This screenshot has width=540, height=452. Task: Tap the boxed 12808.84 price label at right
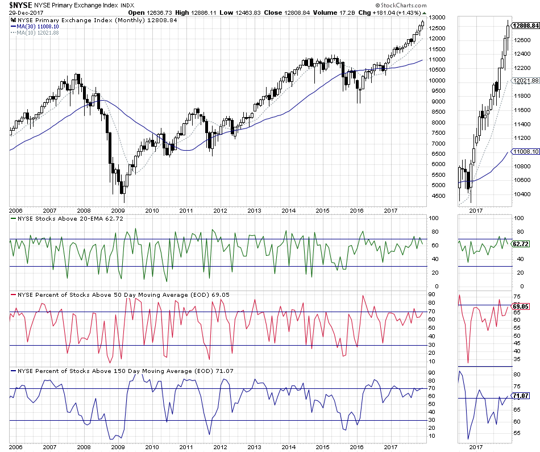click(525, 26)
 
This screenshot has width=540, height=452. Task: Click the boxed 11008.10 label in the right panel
click(525, 152)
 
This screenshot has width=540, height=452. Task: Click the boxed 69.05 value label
click(521, 306)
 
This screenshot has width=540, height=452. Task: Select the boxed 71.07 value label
click(521, 395)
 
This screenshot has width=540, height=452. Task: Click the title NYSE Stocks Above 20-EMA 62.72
click(73, 218)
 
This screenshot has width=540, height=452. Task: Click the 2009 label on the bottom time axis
click(118, 447)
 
